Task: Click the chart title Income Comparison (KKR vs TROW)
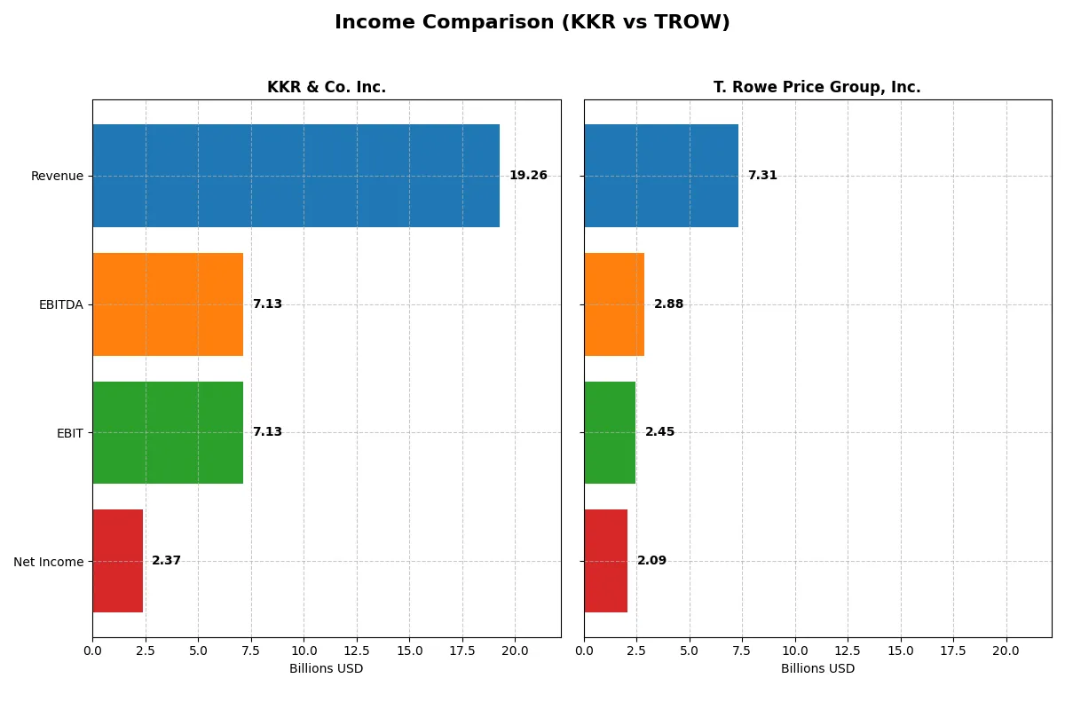pyautogui.click(x=532, y=23)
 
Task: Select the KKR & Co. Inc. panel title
pyautogui.click(x=326, y=87)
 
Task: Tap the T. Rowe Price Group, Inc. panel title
pyautogui.click(x=816, y=87)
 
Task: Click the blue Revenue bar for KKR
pyautogui.click(x=296, y=176)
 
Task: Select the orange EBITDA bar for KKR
pyautogui.click(x=168, y=304)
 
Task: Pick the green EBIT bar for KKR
pyautogui.click(x=168, y=432)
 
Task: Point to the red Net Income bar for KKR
pyautogui.click(x=117, y=561)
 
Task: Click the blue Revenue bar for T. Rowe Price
pyautogui.click(x=661, y=176)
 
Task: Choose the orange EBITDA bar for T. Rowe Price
pyautogui.click(x=614, y=304)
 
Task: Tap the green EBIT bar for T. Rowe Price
pyautogui.click(x=610, y=432)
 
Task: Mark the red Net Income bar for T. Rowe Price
pyautogui.click(x=606, y=561)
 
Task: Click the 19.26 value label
pyautogui.click(x=528, y=176)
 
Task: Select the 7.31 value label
pyautogui.click(x=762, y=176)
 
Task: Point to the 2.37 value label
pyautogui.click(x=167, y=561)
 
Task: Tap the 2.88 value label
pyautogui.click(x=669, y=304)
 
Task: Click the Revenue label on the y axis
pyautogui.click(x=57, y=176)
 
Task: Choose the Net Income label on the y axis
pyautogui.click(x=49, y=561)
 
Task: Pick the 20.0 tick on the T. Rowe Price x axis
pyautogui.click(x=1006, y=651)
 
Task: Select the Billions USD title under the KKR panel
pyautogui.click(x=326, y=669)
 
